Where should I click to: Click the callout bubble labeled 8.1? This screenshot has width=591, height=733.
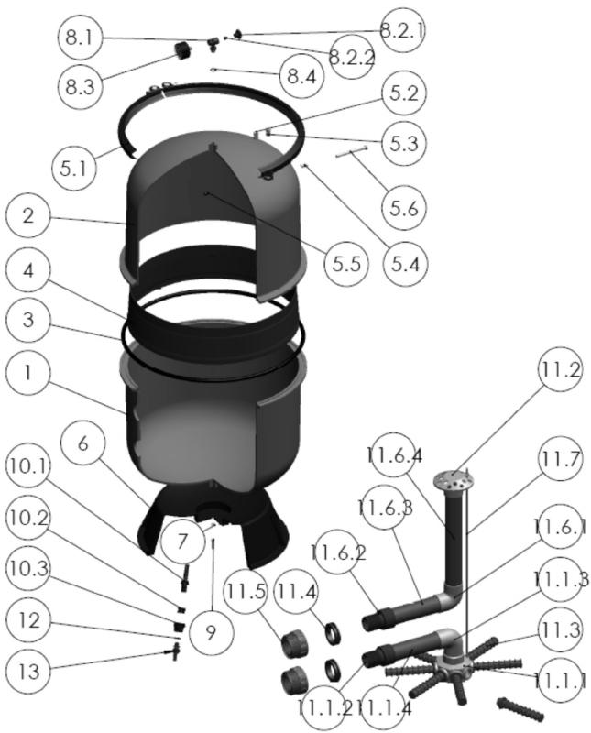pos(84,38)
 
